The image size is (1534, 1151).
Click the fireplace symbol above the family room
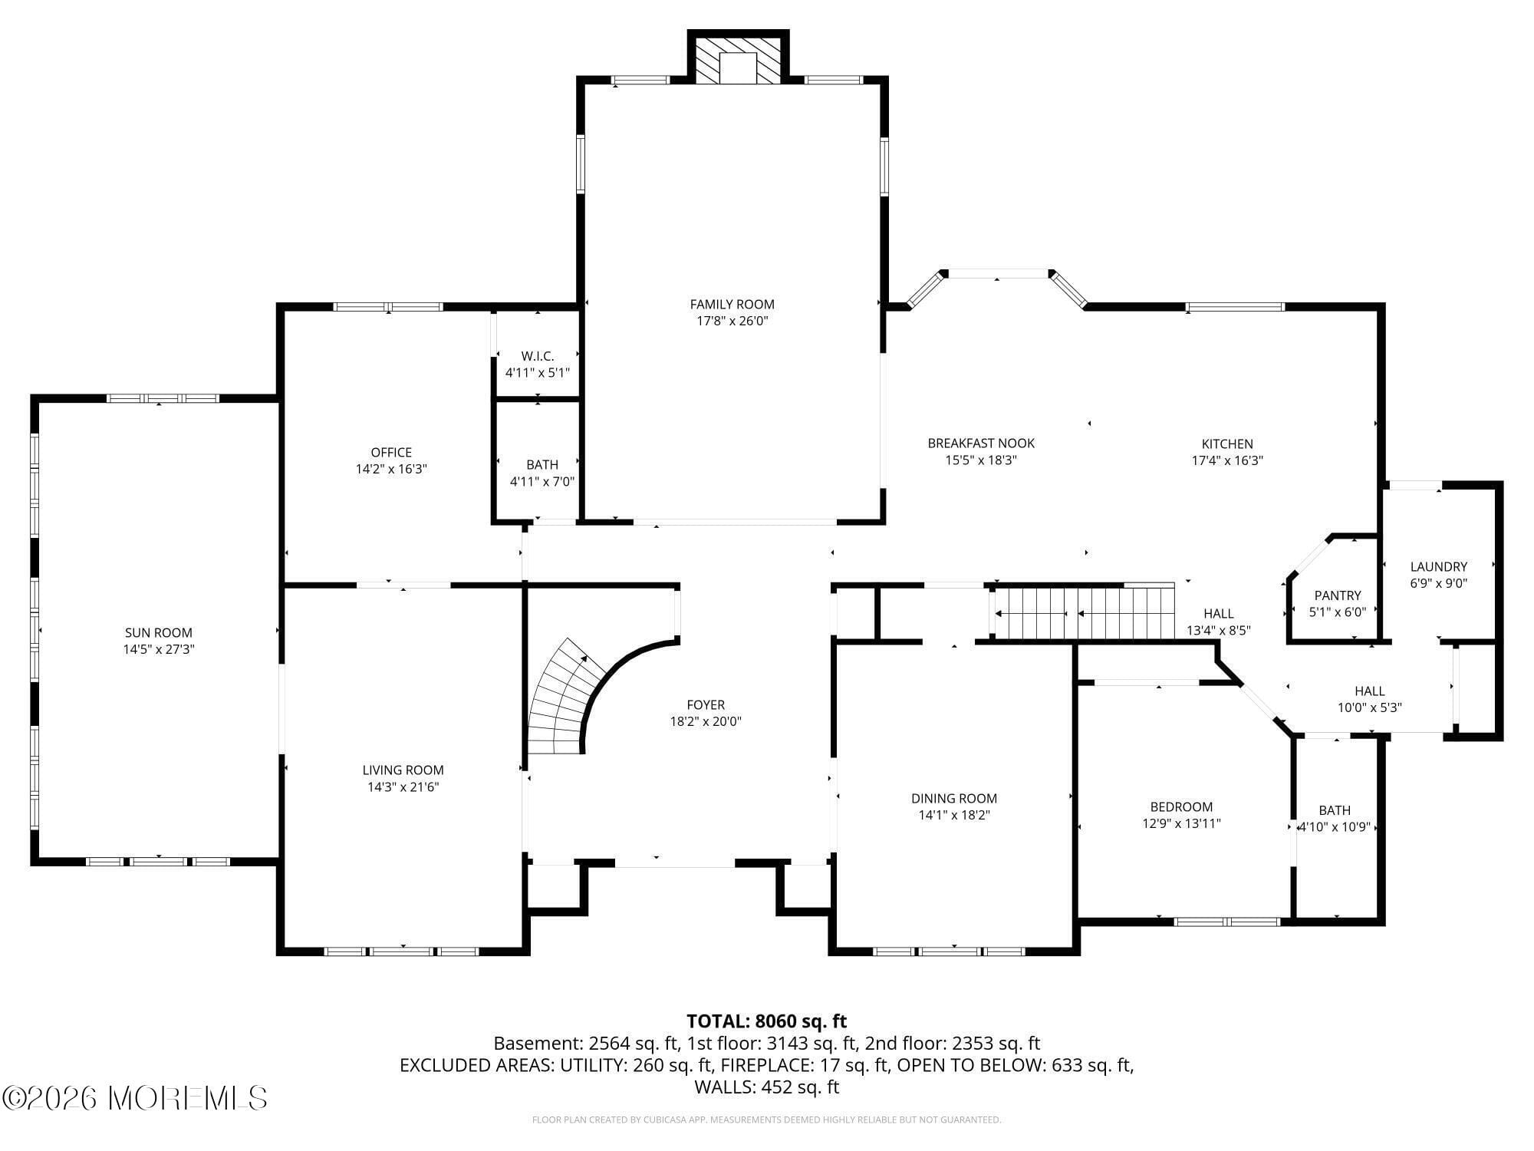pos(738,60)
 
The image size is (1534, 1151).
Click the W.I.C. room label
pos(537,356)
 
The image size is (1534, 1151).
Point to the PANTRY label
pos(1338,595)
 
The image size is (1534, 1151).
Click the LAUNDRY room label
pos(1438,567)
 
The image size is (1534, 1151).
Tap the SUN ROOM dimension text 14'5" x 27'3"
pos(158,649)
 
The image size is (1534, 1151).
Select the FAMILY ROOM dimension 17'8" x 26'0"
pos(732,321)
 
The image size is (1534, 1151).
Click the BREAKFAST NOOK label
pos(981,444)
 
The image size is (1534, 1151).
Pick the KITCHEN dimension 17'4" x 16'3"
pos(1227,460)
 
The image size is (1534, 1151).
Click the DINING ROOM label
pos(954,799)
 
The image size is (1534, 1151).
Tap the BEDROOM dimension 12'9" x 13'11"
pos(1181,823)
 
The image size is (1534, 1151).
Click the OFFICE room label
pos(391,453)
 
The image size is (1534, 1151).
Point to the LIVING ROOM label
pos(403,770)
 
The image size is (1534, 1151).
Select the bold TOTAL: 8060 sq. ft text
pos(766,1021)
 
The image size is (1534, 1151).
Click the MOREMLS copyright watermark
pos(135,1098)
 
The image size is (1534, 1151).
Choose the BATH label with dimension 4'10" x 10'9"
pos(1335,810)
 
